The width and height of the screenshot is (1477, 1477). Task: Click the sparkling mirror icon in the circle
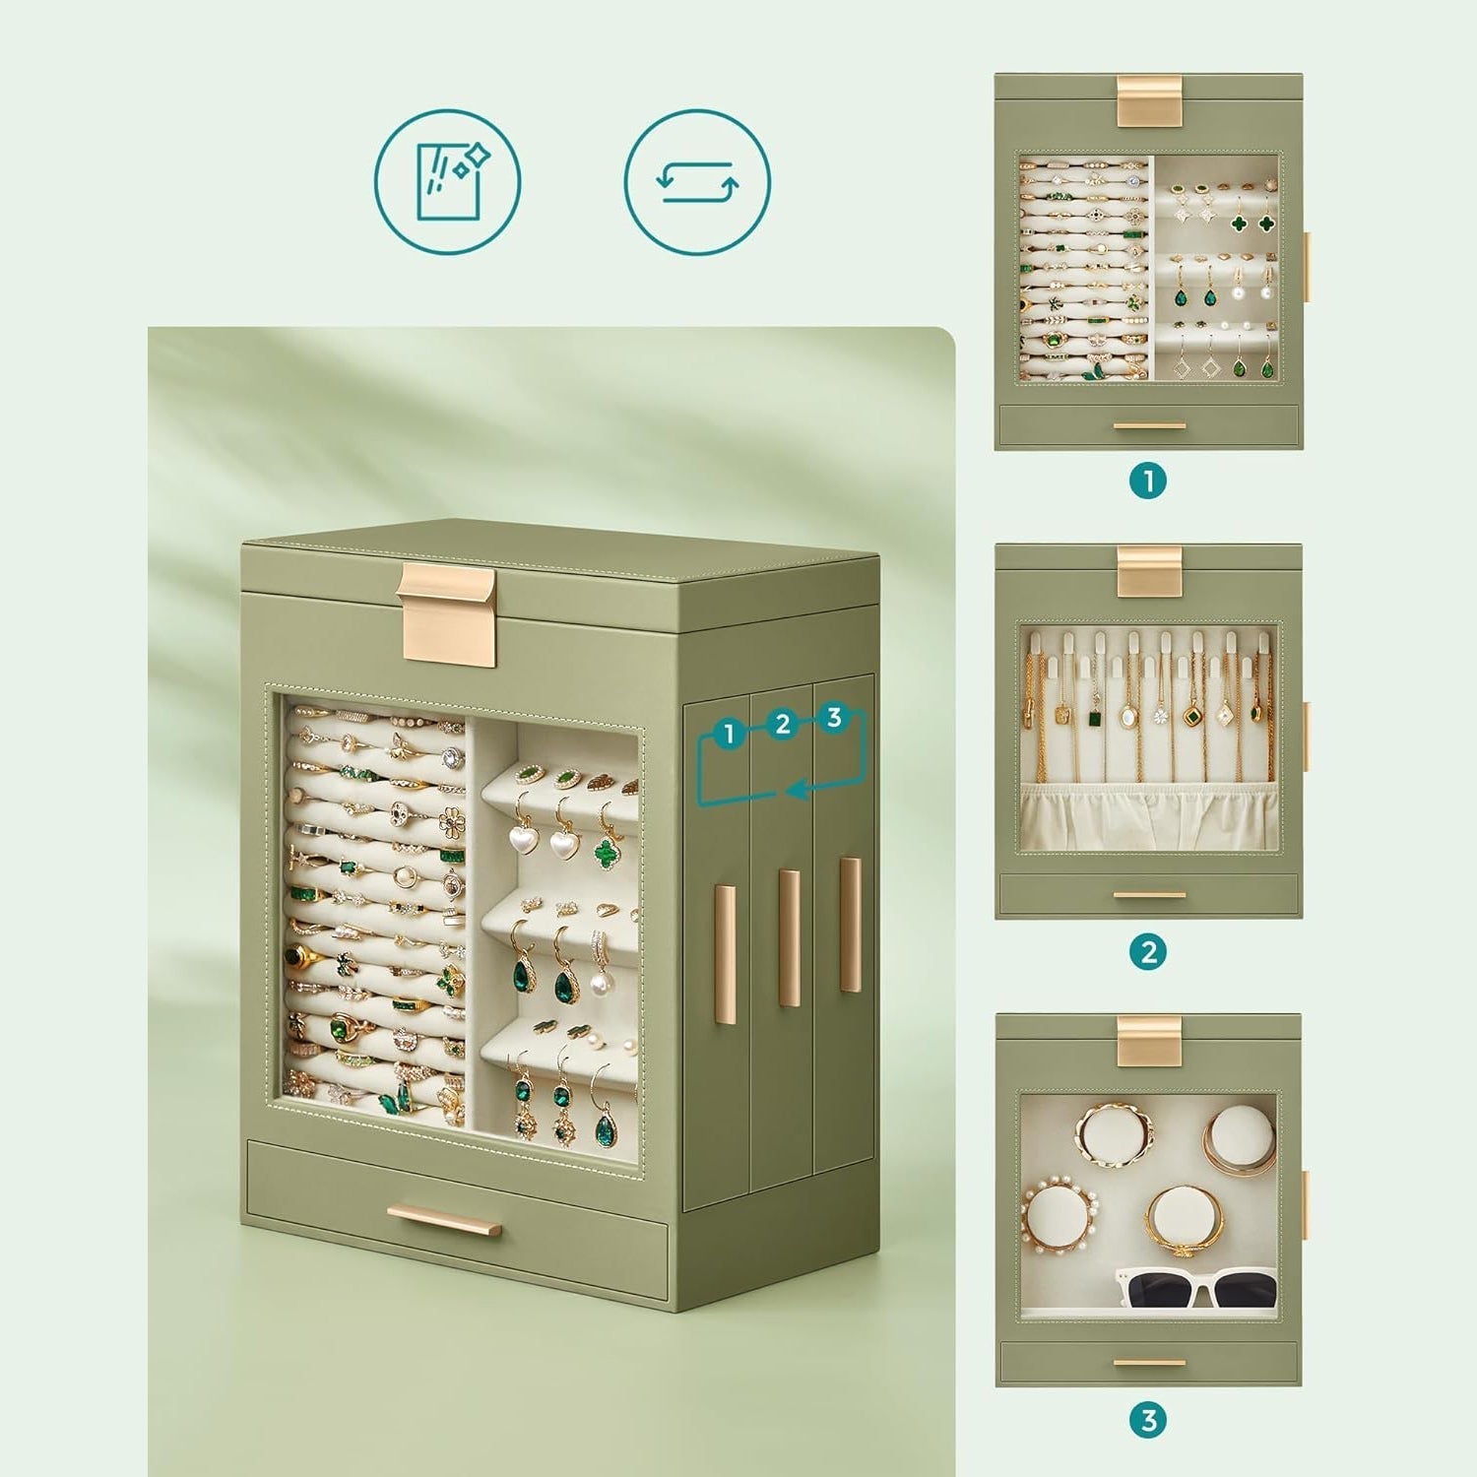pyautogui.click(x=447, y=182)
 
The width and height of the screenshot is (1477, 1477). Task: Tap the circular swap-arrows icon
pyautogui.click(x=697, y=182)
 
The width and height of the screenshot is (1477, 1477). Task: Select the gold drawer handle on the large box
pyautogui.click(x=444, y=1220)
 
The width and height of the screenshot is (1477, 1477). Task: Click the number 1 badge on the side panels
pyautogui.click(x=729, y=734)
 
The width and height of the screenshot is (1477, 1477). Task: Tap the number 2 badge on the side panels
pyautogui.click(x=783, y=725)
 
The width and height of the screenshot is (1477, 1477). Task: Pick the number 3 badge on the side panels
pyautogui.click(x=835, y=717)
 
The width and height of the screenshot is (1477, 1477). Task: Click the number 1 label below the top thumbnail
pyautogui.click(x=1148, y=482)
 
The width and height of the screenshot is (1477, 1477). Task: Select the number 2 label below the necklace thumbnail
pyautogui.click(x=1148, y=952)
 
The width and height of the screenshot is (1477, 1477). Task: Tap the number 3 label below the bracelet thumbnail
pyautogui.click(x=1148, y=1421)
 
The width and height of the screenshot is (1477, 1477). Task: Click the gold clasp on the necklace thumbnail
pyautogui.click(x=1149, y=571)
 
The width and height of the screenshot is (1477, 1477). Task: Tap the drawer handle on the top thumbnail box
pyautogui.click(x=1149, y=425)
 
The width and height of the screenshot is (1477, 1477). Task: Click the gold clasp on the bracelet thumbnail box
pyautogui.click(x=1149, y=1040)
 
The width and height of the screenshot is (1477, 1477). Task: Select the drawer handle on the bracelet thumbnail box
pyautogui.click(x=1149, y=1364)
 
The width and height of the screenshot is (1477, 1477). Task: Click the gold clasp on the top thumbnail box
pyautogui.click(x=1149, y=100)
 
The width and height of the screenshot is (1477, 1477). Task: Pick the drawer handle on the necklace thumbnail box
pyautogui.click(x=1149, y=895)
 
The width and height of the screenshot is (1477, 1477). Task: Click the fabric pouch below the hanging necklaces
pyautogui.click(x=1149, y=815)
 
